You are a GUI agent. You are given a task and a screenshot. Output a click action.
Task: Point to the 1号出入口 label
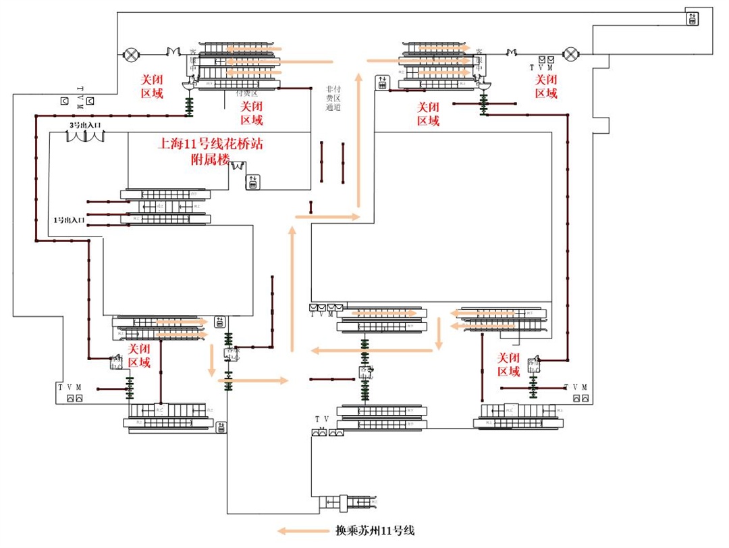tap(69, 220)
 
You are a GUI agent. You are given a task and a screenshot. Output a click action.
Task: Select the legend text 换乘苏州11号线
tap(375, 530)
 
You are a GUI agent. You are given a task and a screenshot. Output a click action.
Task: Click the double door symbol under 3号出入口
tap(86, 136)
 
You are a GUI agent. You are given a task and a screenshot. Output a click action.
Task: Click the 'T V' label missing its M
tap(321, 420)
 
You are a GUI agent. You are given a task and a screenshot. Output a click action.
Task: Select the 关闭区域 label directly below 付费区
tap(252, 114)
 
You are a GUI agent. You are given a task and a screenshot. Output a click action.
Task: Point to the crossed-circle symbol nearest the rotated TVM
tap(130, 53)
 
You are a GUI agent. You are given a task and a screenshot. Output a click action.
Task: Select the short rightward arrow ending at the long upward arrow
tap(327, 217)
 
